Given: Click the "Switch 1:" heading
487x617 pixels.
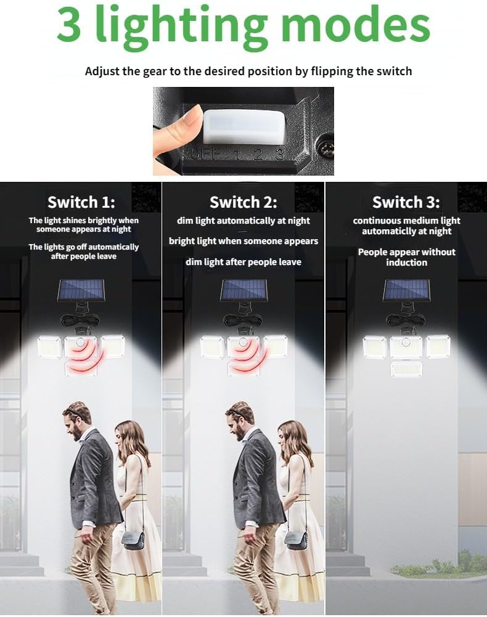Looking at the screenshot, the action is [81, 202].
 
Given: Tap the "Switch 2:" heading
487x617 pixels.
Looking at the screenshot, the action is [243, 202].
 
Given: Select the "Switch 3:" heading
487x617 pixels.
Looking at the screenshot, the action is [406, 202].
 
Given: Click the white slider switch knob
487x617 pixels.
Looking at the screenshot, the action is [244, 126].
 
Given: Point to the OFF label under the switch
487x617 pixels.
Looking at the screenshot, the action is [206, 154].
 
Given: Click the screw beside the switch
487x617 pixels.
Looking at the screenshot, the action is [326, 149].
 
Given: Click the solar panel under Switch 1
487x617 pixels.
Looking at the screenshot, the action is [81, 290].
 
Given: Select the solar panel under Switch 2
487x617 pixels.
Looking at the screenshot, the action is [244, 290].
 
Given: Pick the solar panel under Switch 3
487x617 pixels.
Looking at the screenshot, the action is [407, 290].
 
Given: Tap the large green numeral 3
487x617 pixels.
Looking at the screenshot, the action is [69, 25].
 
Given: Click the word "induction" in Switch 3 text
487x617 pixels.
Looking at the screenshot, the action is [406, 263].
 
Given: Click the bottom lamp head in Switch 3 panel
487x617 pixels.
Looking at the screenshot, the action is [406, 369].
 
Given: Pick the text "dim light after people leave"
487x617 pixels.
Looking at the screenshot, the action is [243, 262].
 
